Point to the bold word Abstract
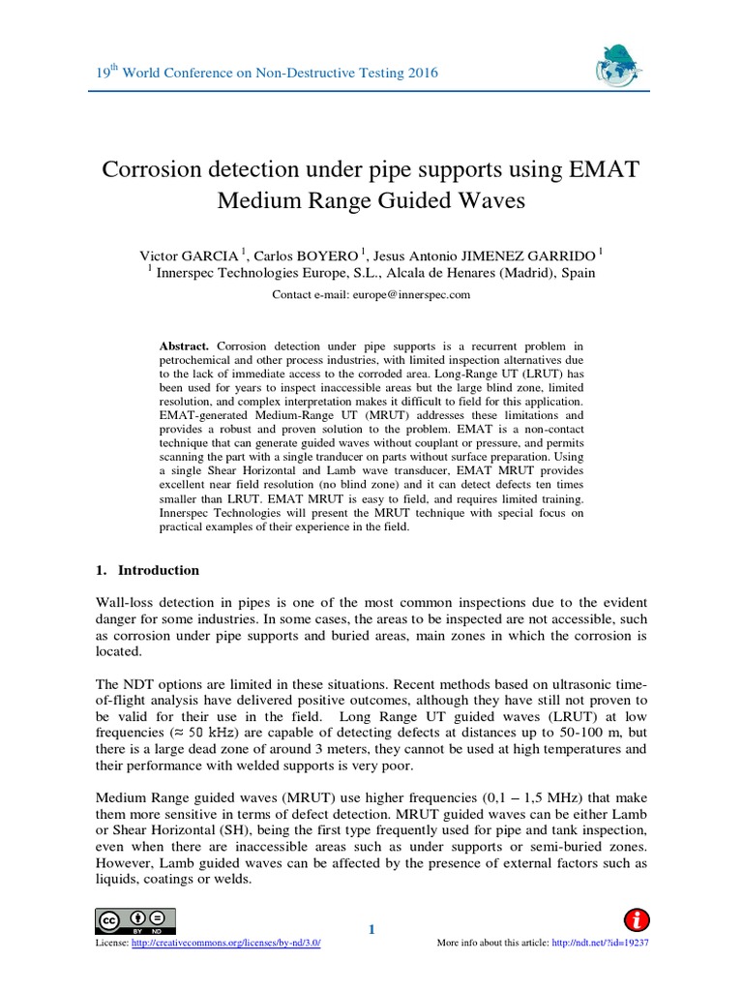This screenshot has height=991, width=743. pos(185,345)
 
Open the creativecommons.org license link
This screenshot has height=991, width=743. pos(224,943)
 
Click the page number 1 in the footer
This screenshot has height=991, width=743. pos(371,930)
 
